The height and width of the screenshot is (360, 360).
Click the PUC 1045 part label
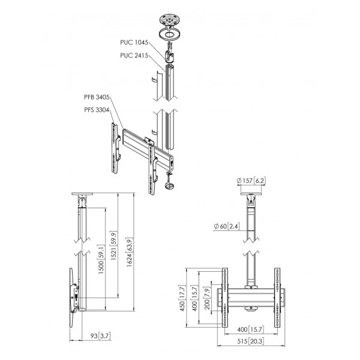coord(134,43)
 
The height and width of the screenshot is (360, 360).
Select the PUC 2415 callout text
coord(134,56)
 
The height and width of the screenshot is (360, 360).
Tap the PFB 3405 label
coord(97,97)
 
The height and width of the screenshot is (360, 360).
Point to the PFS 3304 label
coord(97,110)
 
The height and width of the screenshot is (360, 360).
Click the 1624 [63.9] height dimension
coord(130,253)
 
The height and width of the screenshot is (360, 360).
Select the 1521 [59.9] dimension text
coord(113,245)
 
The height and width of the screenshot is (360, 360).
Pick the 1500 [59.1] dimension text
coord(101,259)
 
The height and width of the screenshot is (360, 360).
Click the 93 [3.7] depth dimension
coord(100,336)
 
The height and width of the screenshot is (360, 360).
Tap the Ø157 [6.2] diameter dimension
coord(251,181)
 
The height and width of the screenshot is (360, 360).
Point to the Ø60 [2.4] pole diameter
coord(227,226)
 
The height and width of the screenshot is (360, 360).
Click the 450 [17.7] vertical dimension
coord(182,298)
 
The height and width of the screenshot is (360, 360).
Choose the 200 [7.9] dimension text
coord(207,298)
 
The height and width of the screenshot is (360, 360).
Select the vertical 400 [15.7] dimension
coord(194,298)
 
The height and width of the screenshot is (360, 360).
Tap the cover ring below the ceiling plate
coord(170,34)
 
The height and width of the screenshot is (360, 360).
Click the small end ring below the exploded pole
coord(169,186)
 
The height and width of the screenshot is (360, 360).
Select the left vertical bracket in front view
coord(225,298)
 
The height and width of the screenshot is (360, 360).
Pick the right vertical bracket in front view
coord(277,298)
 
